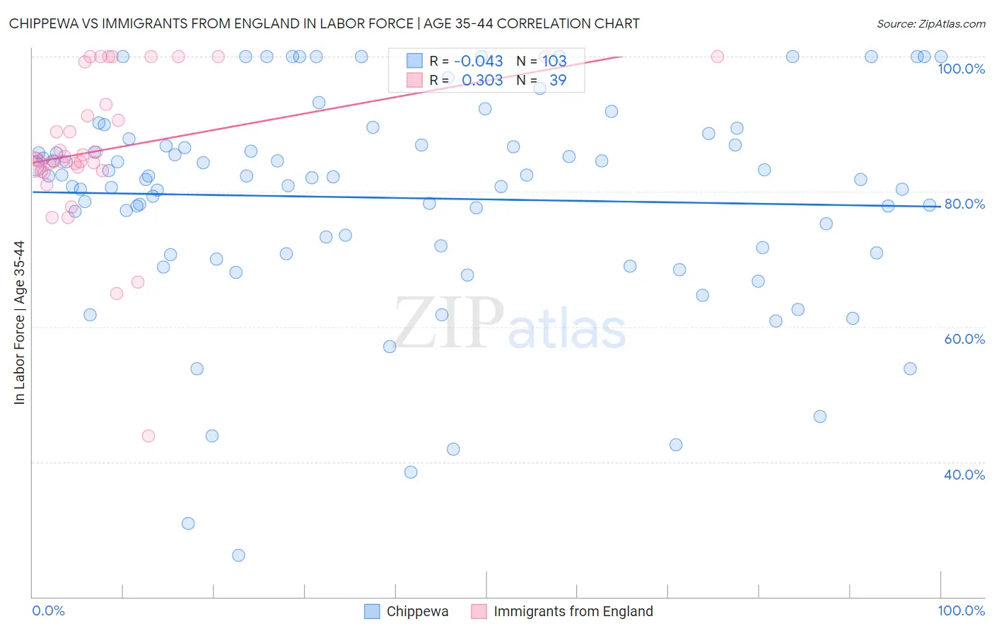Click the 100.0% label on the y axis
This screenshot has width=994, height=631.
(961, 69)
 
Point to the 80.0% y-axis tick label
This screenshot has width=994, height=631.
(964, 204)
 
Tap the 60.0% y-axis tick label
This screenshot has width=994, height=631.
(964, 339)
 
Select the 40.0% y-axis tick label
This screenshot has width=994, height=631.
(964, 475)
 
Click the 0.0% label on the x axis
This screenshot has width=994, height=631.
(48, 610)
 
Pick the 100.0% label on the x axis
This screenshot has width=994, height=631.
(961, 610)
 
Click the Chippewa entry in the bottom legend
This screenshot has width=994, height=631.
(417, 611)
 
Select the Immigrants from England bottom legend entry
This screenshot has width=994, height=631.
(573, 611)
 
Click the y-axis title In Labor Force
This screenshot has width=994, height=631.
(19, 323)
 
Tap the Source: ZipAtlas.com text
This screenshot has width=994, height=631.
(930, 23)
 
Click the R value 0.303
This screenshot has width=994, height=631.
(482, 80)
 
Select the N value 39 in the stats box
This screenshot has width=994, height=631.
(558, 80)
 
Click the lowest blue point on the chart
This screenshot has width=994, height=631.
(238, 555)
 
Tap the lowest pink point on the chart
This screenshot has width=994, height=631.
(148, 436)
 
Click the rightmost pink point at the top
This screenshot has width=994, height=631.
(718, 57)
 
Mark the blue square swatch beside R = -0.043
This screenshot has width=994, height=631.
(414, 61)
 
